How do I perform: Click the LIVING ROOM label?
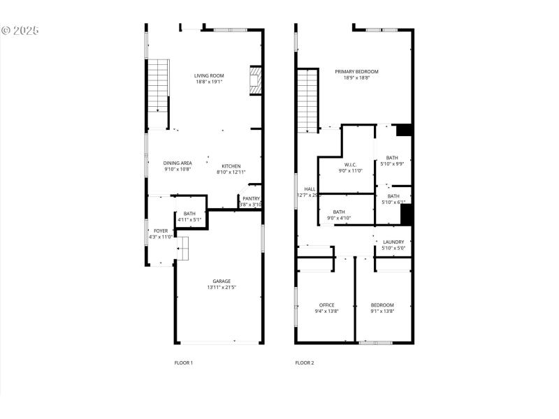pos(208,75)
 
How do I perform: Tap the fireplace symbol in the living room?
pos(256,80)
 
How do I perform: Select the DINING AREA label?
pos(177,163)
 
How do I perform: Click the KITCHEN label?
pos(231,166)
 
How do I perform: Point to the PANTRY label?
pos(251,198)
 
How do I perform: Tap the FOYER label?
pos(161,230)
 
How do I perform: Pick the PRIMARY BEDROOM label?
pos(356,71)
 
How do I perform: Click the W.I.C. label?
pos(351,165)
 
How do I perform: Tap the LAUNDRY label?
pos(393,242)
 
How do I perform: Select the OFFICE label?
pos(327,304)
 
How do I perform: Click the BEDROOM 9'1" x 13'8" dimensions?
pos(382,311)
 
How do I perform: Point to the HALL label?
pos(310,189)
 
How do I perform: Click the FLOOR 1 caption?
pos(183,362)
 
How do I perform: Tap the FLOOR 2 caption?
pos(304,362)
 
